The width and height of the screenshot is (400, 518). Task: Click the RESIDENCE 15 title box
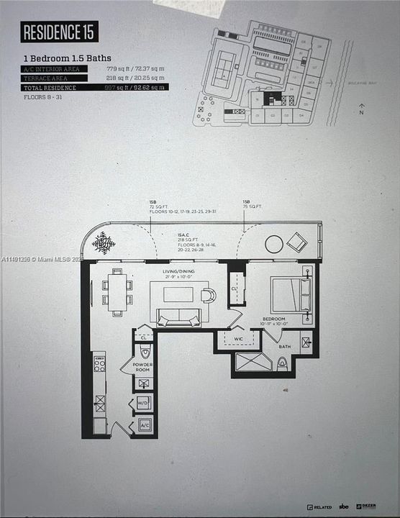60,32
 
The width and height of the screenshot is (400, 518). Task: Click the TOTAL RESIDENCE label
50,86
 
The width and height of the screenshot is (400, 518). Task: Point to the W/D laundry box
143,404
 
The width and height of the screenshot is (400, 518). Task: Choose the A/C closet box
144,425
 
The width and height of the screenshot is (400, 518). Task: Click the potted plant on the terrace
104,242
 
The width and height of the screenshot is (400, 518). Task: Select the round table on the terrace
273,245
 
